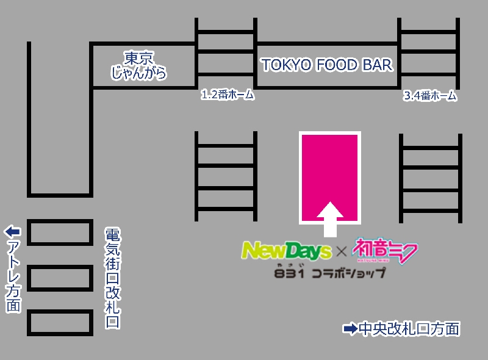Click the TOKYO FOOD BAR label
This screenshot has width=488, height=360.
click(327, 65)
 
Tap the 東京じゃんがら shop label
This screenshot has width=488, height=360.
click(138, 66)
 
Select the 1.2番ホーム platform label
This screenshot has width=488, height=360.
click(227, 95)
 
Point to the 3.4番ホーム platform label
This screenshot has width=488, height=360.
click(430, 96)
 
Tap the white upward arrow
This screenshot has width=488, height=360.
click(330, 218)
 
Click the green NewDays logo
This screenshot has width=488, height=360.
click(285, 250)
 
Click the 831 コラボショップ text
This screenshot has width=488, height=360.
click(330, 272)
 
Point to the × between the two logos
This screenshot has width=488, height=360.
click(342, 251)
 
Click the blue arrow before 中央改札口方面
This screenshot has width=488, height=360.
click(351, 329)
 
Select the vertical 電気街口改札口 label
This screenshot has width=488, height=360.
click(112, 278)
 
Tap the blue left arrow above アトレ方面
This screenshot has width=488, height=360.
click(13, 232)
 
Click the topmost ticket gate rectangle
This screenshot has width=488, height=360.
click(60, 232)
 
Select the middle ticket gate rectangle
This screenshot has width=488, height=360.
click(60, 278)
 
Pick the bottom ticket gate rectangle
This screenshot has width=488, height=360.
click(60, 323)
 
